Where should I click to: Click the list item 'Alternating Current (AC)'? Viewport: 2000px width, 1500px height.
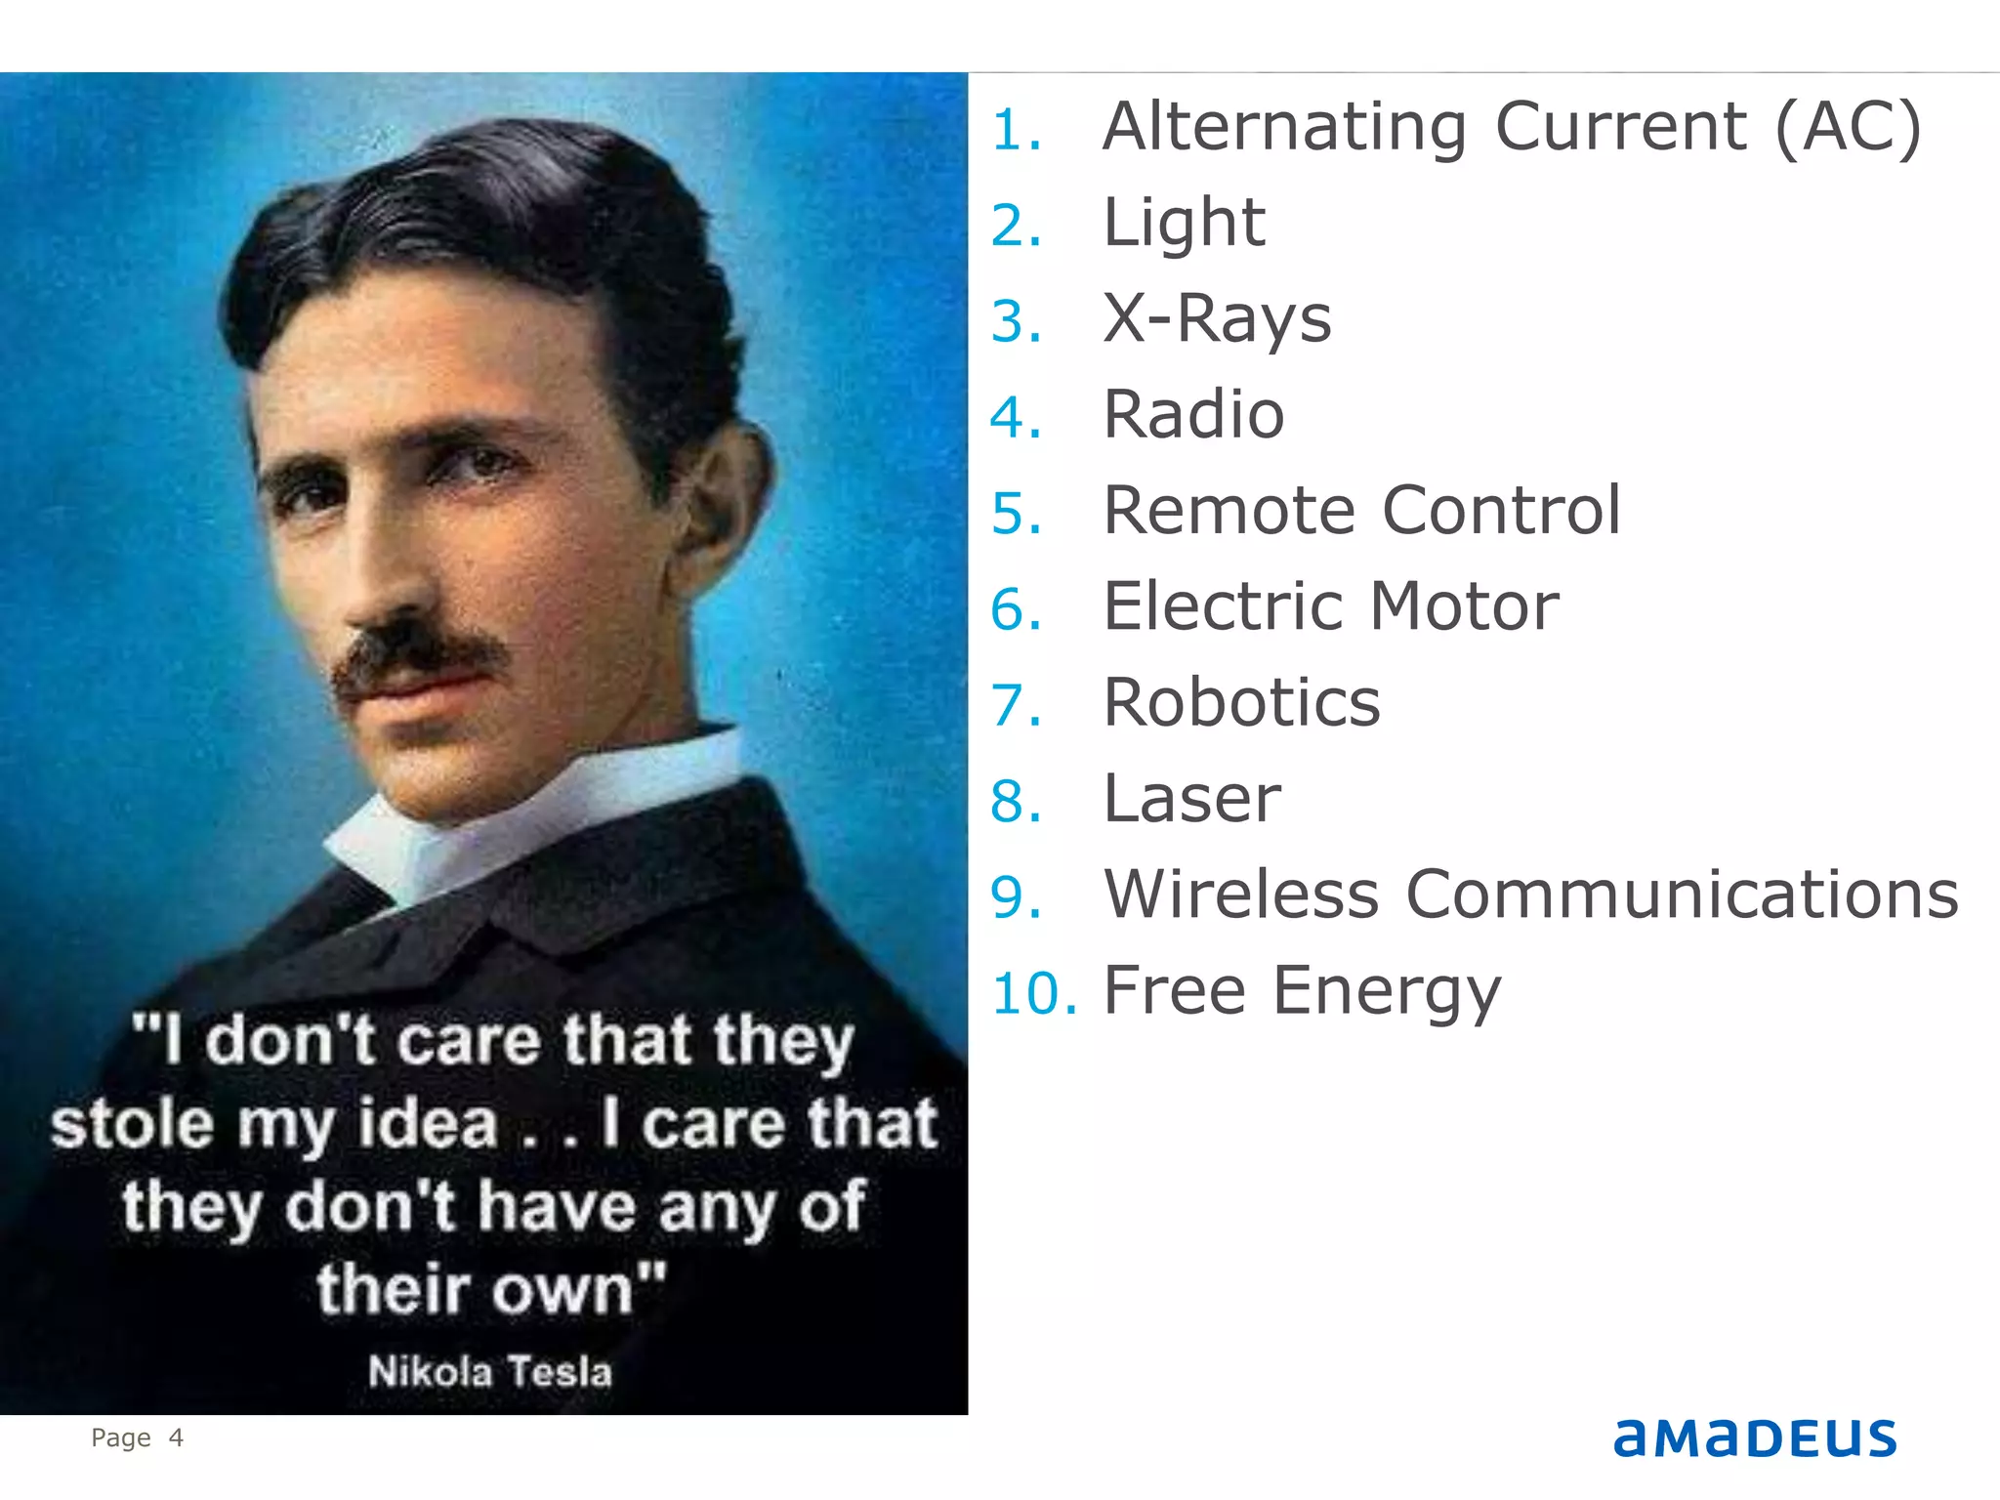point(1512,127)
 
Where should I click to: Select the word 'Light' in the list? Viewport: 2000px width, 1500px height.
point(1184,223)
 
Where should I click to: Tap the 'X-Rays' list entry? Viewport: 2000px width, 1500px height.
point(1217,318)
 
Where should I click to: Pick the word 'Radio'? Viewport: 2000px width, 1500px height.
point(1193,414)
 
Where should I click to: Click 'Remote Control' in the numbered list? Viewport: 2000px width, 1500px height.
point(1361,510)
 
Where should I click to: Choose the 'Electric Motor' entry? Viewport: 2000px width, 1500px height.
point(1330,605)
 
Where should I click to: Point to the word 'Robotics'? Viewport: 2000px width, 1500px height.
point(1241,702)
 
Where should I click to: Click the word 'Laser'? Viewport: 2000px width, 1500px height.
point(1191,798)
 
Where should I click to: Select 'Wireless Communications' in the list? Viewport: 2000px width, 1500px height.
point(1530,894)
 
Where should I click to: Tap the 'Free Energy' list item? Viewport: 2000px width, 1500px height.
point(1302,990)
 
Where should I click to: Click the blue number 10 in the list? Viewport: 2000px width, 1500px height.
point(1034,993)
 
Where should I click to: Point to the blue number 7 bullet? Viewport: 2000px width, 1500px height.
point(1016,705)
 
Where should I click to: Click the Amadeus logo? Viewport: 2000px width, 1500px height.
point(1754,1438)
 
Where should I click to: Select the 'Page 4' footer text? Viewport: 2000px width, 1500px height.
point(137,1437)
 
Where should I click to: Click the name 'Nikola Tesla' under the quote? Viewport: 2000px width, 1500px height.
point(490,1371)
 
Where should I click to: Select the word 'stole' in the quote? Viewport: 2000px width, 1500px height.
point(132,1123)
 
